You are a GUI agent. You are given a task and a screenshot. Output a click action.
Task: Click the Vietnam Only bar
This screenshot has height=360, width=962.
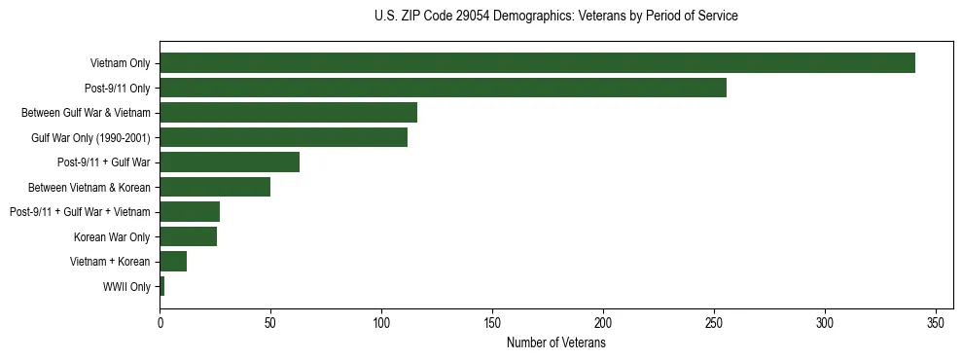[x=537, y=63]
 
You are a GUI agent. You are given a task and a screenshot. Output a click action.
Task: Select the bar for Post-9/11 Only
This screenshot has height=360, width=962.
[x=443, y=88]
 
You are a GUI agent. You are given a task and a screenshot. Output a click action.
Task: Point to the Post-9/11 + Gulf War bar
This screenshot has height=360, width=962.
[x=230, y=162]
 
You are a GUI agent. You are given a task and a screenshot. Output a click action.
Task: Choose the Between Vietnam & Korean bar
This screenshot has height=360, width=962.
[x=215, y=187]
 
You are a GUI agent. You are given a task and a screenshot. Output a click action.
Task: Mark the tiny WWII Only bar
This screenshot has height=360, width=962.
[x=162, y=286]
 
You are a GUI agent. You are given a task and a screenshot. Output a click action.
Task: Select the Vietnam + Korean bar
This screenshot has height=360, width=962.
[x=173, y=262]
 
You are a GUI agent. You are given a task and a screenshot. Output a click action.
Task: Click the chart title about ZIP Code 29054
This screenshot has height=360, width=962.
[x=555, y=17]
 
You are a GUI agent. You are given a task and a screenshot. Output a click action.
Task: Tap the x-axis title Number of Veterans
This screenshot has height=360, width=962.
[x=555, y=343]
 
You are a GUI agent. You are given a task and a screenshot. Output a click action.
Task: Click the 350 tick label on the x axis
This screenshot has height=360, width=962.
[x=936, y=322]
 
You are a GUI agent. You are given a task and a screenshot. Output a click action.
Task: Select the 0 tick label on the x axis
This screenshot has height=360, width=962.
[x=160, y=322]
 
